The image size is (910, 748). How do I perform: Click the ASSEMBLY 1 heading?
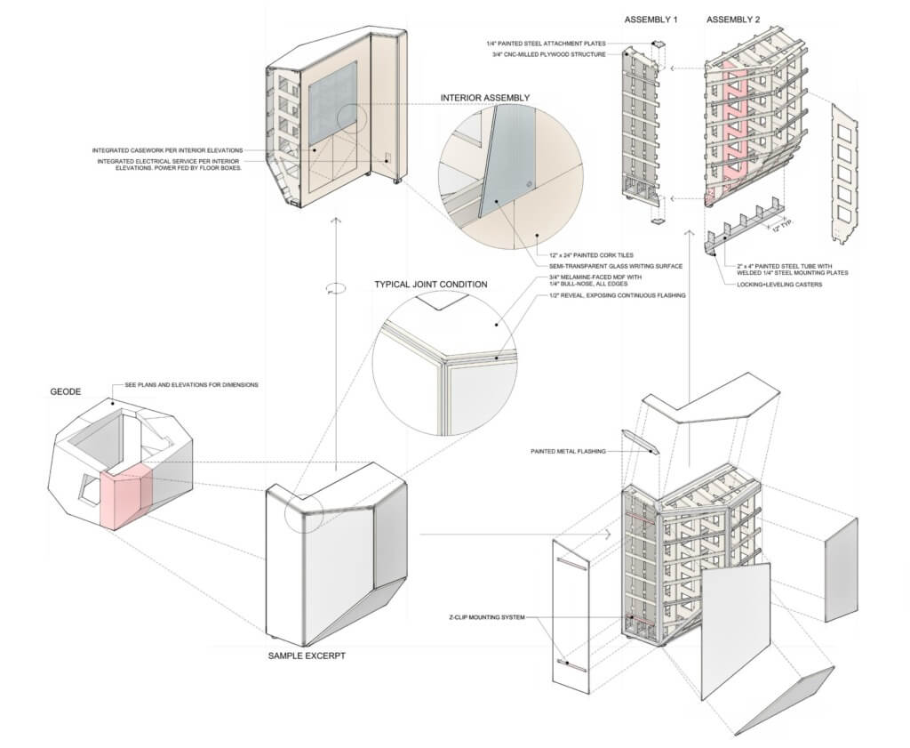pos(651,20)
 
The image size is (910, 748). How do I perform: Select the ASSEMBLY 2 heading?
pos(735,20)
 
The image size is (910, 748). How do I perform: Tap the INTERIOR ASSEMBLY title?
pos(485,98)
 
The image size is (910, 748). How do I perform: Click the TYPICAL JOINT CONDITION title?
pos(431,285)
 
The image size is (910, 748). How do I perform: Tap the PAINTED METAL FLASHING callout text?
pos(568,452)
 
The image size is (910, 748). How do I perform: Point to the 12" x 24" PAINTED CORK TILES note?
pos(590,255)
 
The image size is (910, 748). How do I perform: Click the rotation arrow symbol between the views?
pos(335,287)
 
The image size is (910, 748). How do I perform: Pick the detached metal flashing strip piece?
pos(638,441)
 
